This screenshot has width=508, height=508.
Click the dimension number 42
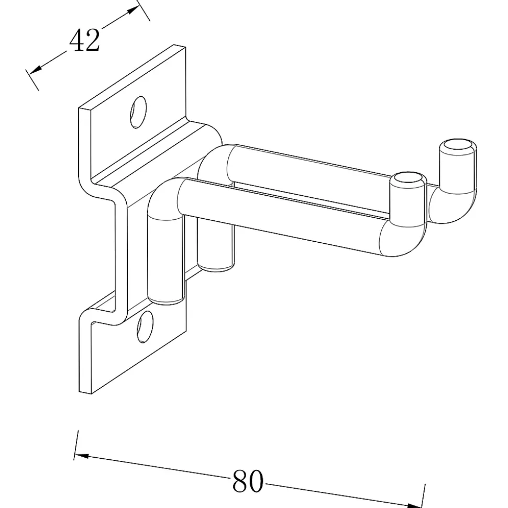coord(84,40)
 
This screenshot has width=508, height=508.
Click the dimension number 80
coord(248,481)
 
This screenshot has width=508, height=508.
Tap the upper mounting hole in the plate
coord(138,112)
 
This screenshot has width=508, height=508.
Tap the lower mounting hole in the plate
coord(145,326)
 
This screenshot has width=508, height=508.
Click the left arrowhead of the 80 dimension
coord(81,456)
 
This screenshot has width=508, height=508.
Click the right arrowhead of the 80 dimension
coord(415,505)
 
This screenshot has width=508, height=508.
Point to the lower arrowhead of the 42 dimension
coord(35,69)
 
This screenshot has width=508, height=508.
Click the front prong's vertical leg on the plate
coord(165,259)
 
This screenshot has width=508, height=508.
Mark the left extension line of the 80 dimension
coord(76,445)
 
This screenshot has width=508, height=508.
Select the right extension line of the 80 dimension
coord(423,495)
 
